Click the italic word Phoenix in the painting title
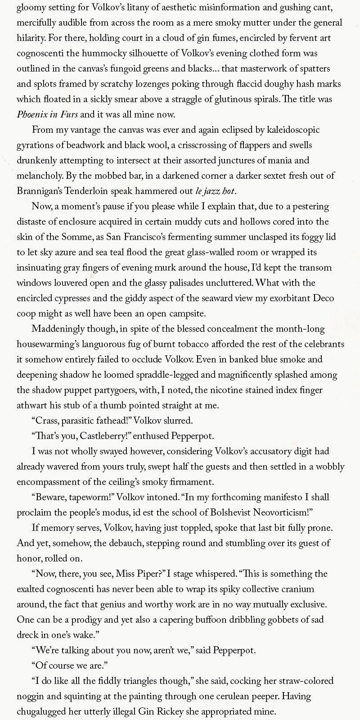coord(32,114)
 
